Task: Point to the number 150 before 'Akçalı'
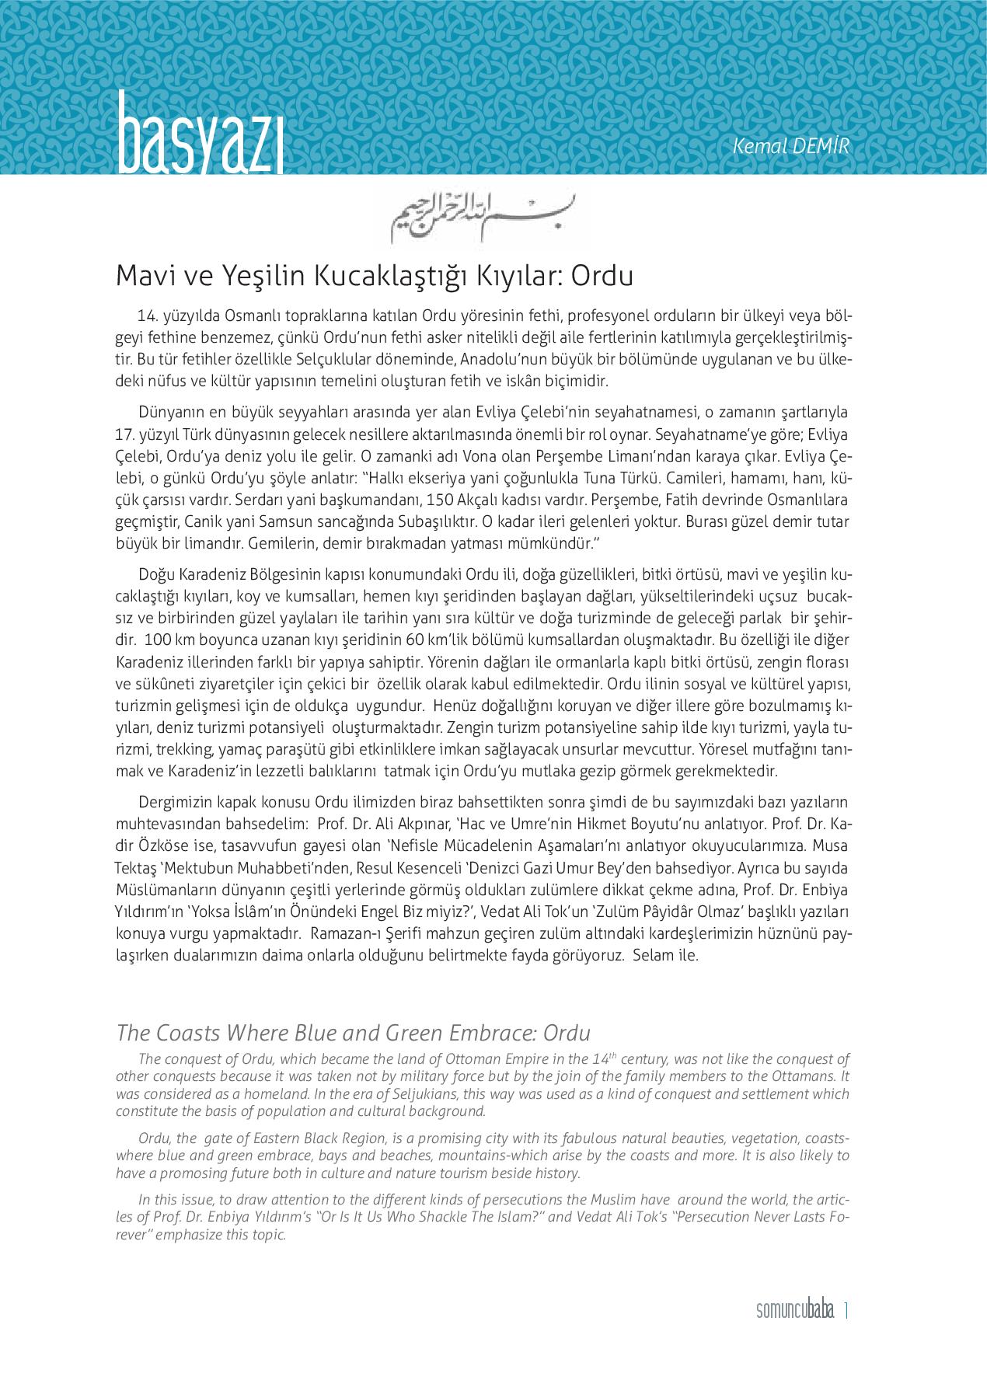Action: pos(430,500)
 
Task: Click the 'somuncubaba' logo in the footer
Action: pos(794,1311)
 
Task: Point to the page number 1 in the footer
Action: pos(846,1311)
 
